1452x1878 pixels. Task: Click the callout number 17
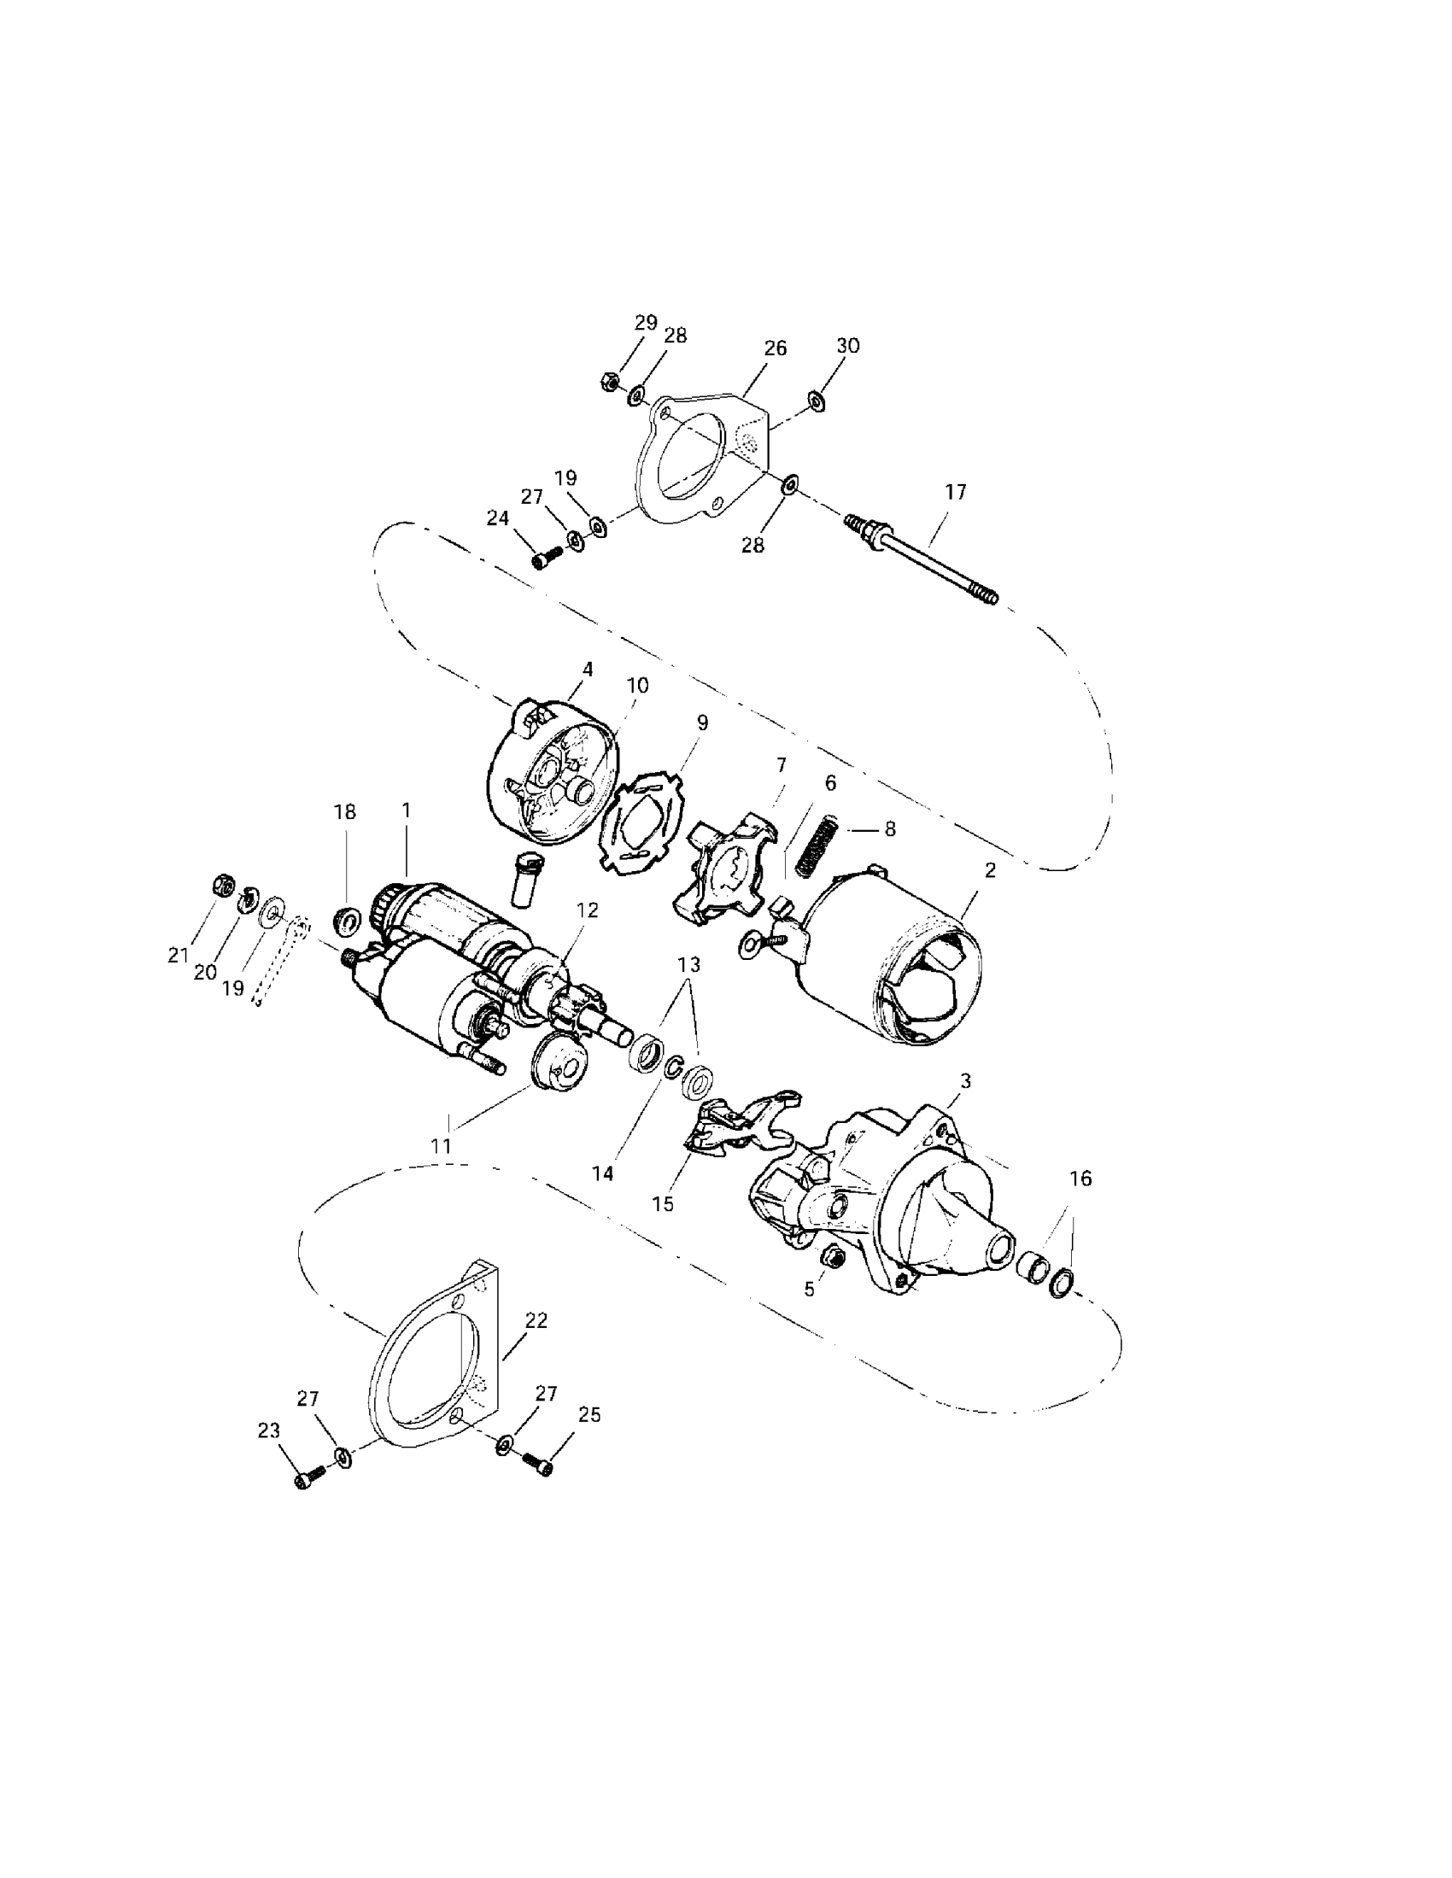[956, 492]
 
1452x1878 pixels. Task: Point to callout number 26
[775, 348]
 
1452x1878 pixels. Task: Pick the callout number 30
[848, 346]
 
